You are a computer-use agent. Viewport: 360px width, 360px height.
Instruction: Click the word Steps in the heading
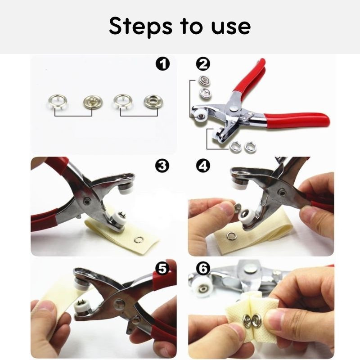(x=140, y=27)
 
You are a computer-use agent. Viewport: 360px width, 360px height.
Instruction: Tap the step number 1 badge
(x=162, y=64)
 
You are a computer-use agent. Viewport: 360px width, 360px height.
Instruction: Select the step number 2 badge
(x=203, y=64)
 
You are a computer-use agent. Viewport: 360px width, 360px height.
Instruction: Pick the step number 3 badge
(x=162, y=166)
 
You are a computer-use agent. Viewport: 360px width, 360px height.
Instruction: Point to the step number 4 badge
(x=203, y=166)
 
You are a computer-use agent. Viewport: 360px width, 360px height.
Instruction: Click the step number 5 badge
(x=162, y=268)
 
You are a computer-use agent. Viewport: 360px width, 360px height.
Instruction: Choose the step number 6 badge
(x=203, y=268)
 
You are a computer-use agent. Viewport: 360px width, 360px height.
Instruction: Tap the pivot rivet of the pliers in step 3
(x=86, y=202)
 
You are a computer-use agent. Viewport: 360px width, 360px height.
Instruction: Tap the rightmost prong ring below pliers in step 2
(x=250, y=147)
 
